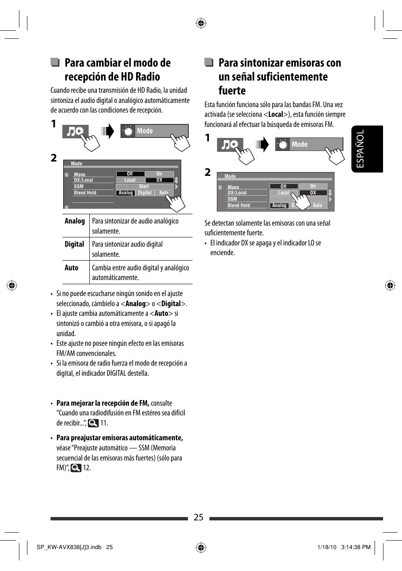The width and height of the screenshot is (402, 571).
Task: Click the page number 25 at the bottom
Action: pos(198,517)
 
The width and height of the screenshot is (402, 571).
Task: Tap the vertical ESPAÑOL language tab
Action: pos(367,149)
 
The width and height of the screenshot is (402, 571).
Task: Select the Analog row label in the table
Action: pos(75,221)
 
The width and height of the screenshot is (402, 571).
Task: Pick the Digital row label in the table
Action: pos(74,245)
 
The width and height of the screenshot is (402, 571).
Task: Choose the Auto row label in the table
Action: pos(71,268)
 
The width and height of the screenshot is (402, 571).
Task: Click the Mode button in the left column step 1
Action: pos(154,131)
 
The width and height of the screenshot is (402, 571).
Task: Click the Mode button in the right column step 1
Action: pos(308,145)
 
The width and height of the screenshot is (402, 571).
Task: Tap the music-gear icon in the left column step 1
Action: pos(75,132)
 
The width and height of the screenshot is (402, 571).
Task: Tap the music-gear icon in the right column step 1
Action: pos(230,145)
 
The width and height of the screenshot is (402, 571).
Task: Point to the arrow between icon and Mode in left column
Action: pos(108,131)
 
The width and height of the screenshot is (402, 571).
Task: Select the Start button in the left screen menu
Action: pos(144,186)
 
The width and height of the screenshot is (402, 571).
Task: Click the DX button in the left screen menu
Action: pos(159,180)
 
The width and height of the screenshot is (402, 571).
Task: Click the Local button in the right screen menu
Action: pos(284,193)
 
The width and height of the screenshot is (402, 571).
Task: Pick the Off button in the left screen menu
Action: pos(130,174)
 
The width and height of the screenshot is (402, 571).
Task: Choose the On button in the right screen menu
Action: pos(313,186)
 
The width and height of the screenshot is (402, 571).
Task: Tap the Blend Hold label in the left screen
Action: pos(85,193)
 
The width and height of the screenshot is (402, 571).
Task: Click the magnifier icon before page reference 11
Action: pos(93,423)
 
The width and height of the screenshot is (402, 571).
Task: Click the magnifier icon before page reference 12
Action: pos(76,468)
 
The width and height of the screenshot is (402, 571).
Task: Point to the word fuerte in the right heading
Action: pos(232,91)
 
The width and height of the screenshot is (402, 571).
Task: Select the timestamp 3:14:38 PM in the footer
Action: pos(356,547)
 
